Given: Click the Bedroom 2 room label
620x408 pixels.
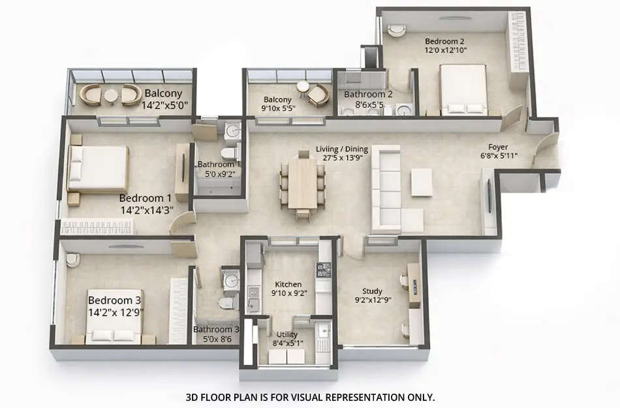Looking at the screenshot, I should tap(446, 39).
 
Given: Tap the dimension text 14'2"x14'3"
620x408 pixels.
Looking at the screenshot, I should tap(146, 210).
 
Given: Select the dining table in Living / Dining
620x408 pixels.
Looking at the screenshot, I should tap(302, 182).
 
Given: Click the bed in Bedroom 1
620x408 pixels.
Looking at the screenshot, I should tap(99, 168).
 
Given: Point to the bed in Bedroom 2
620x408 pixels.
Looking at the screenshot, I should tap(462, 89).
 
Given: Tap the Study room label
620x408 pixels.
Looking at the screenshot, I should tap(372, 291).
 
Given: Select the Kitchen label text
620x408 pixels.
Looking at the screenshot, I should tap(288, 284).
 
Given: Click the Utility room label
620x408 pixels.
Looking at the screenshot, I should tap(287, 334).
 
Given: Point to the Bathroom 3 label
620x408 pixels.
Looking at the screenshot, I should tap(216, 330).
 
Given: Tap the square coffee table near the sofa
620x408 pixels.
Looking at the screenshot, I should tap(421, 182).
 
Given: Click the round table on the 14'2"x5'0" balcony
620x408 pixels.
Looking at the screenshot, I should tap(111, 96).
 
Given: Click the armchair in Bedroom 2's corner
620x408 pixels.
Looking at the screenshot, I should tap(396, 29).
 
